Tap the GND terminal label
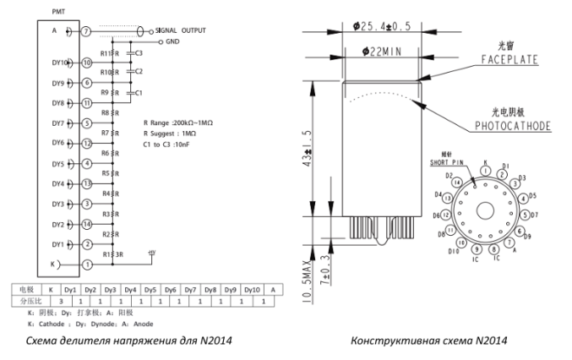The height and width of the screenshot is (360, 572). tap(173, 41)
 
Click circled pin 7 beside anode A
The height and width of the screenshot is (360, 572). tap(86, 31)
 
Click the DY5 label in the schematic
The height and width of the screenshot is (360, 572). tap(59, 164)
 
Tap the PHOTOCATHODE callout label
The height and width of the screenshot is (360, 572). tap(509, 127)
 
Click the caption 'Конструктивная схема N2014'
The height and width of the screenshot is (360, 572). tap(431, 341)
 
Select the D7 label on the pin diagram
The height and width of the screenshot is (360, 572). tap(535, 215)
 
